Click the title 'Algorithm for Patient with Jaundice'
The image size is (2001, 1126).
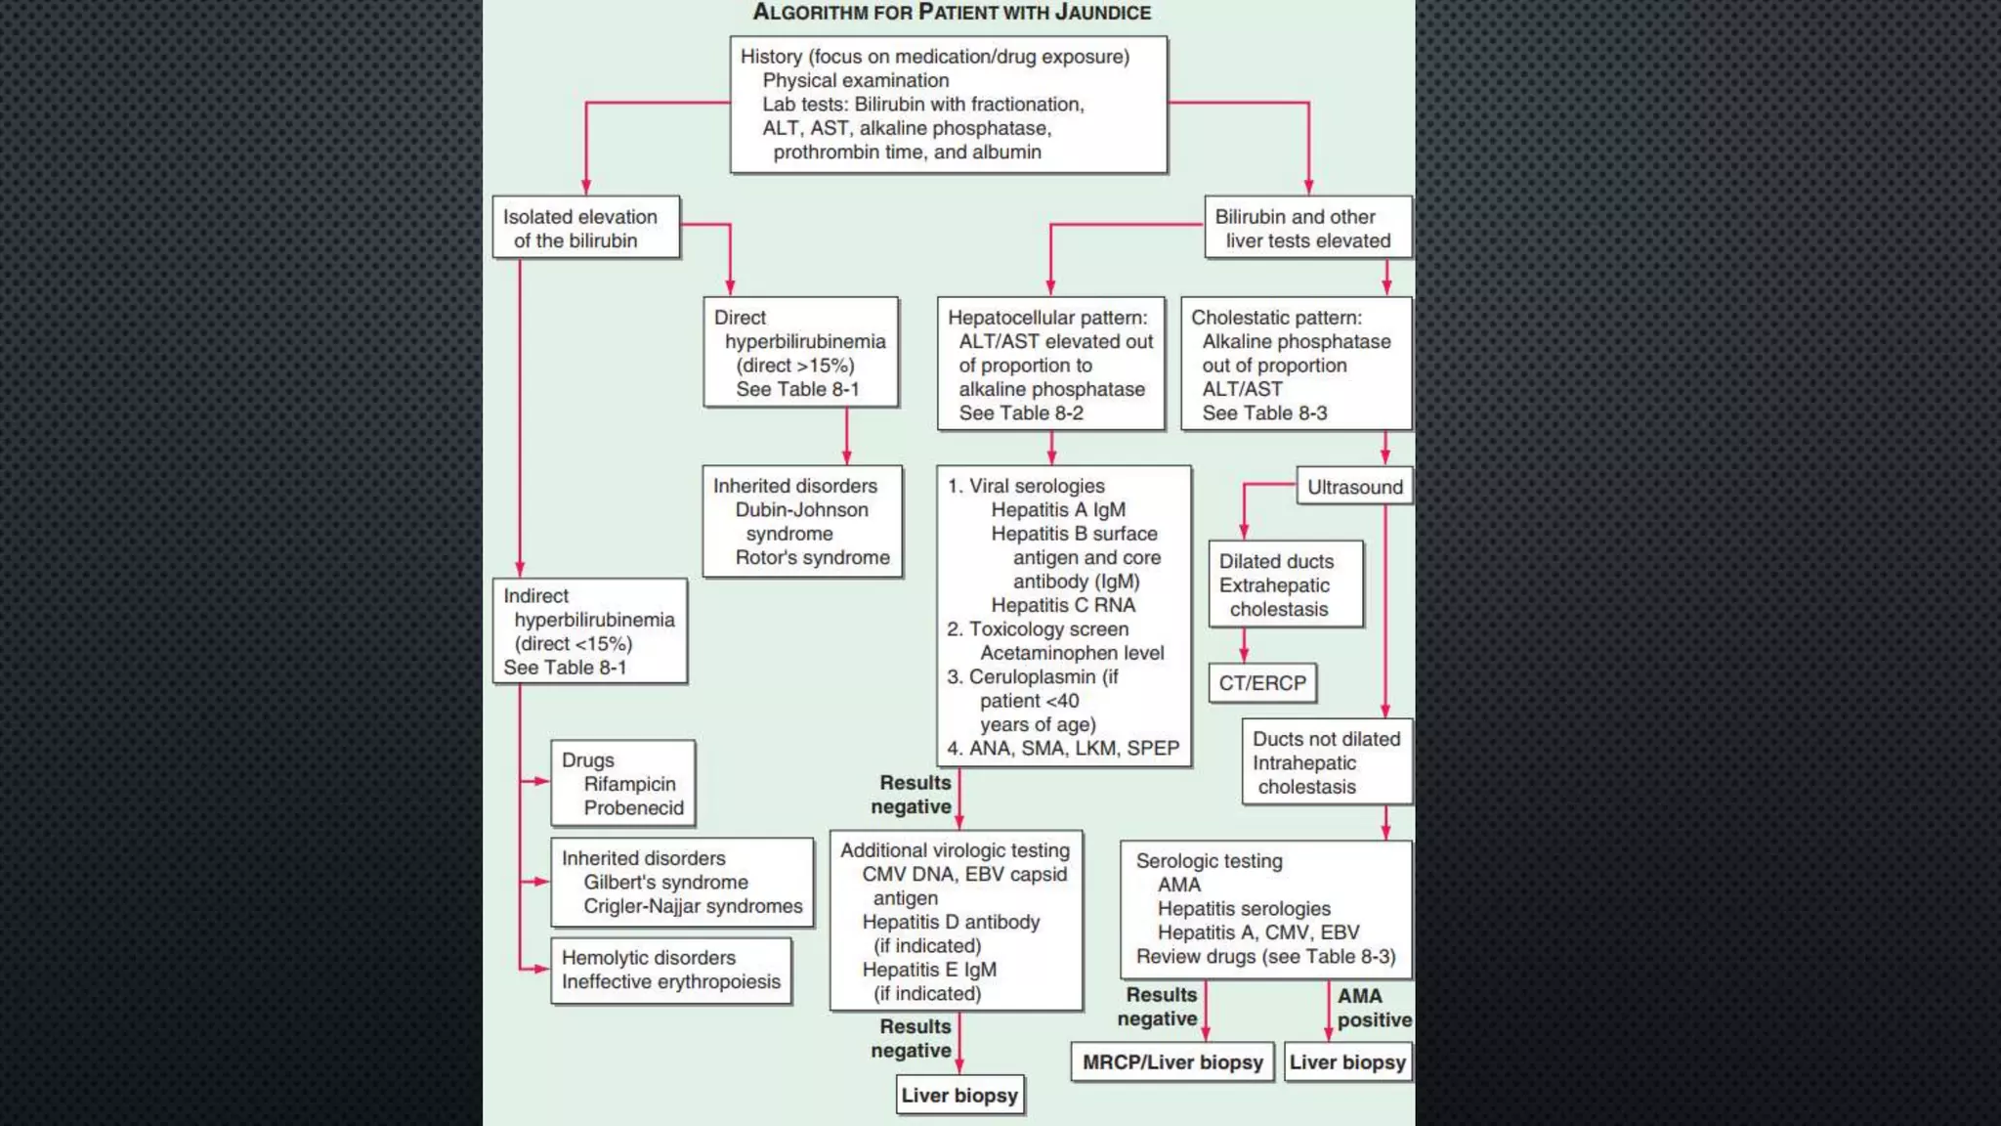point(952,13)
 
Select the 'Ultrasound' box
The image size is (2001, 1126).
point(1354,487)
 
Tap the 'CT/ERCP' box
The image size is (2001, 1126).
point(1261,683)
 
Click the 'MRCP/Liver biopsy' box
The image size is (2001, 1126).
point(1172,1062)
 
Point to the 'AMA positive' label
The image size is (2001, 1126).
point(1373,1008)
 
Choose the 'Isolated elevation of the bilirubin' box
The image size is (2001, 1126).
point(585,229)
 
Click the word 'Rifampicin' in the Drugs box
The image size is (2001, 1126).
point(629,784)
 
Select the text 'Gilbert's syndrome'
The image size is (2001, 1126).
point(665,883)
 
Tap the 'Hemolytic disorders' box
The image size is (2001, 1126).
point(670,971)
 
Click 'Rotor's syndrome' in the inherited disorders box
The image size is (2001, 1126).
point(812,558)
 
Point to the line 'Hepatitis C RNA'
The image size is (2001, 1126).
point(1063,606)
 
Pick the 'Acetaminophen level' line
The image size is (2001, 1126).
point(1072,653)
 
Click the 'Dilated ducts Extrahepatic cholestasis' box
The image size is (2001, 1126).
point(1284,585)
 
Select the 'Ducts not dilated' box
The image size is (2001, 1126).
point(1326,762)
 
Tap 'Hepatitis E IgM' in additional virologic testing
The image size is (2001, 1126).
point(929,970)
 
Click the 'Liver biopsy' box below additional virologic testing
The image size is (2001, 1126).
point(959,1096)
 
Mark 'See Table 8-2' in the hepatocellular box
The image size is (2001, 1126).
point(1020,413)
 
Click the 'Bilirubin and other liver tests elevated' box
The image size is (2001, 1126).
point(1306,229)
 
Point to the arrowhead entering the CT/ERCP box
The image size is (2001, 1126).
point(1244,658)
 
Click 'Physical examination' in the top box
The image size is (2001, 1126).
point(855,81)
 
